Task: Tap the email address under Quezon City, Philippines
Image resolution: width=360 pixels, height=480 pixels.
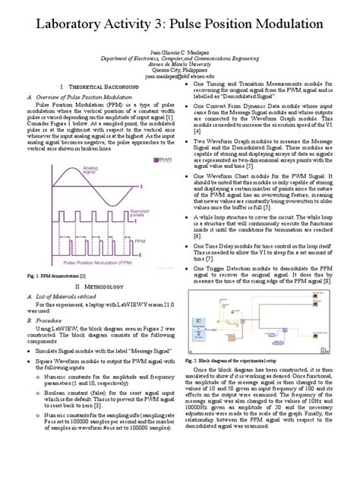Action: (x=180, y=77)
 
